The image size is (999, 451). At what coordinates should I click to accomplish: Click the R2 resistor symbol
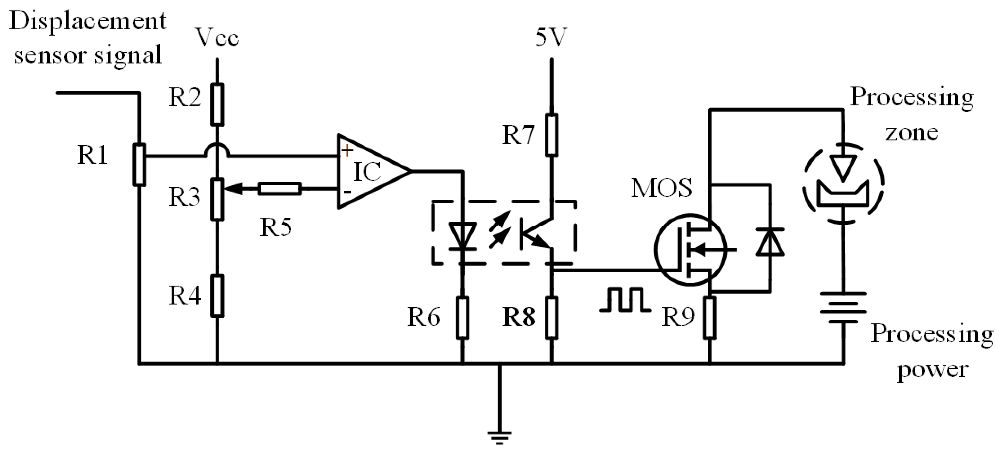[x=217, y=105]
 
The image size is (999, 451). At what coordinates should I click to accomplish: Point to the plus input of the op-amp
[x=346, y=150]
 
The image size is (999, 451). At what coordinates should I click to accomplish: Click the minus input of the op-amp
[x=347, y=192]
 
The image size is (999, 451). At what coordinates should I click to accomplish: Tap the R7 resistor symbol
[x=551, y=135]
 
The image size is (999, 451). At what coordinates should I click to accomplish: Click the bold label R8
[x=519, y=317]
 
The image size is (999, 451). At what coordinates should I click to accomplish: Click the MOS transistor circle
[x=690, y=250]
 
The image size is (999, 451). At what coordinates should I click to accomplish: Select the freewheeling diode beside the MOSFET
[x=770, y=242]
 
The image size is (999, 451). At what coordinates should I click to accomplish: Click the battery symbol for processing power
[x=843, y=308]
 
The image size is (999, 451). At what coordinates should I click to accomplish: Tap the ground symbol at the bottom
[x=500, y=436]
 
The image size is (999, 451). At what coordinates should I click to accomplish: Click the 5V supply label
[x=551, y=38]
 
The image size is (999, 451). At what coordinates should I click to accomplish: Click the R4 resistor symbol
[x=217, y=296]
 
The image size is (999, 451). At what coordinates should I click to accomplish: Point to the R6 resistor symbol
[x=462, y=317]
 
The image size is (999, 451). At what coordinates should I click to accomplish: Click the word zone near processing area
[x=912, y=133]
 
